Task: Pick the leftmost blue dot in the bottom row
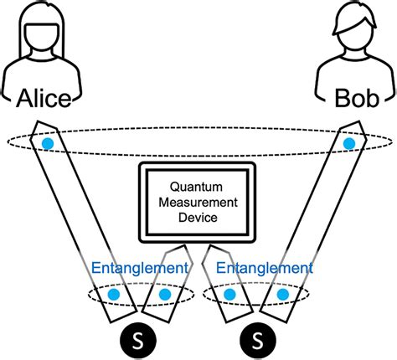(113, 295)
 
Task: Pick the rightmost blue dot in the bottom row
(282, 295)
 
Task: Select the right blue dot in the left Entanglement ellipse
(164, 295)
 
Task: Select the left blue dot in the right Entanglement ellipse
(231, 295)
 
